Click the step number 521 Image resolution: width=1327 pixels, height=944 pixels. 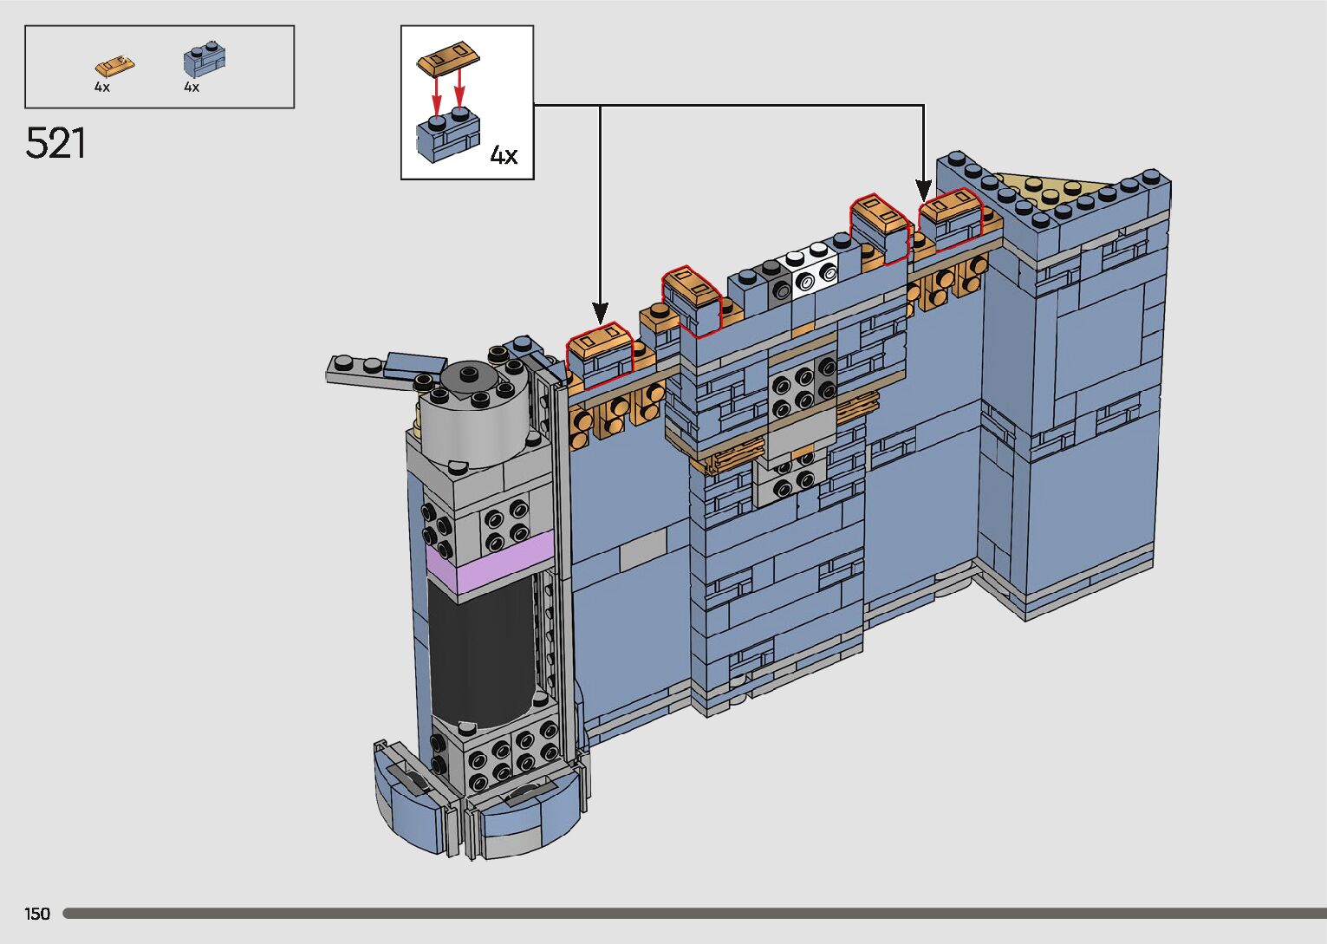click(x=55, y=143)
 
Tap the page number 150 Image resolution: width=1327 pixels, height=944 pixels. click(x=37, y=913)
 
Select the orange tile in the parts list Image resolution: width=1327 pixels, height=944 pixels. click(x=114, y=66)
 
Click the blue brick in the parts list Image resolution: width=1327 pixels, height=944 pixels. click(x=205, y=59)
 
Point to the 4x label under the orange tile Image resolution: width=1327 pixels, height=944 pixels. click(x=102, y=87)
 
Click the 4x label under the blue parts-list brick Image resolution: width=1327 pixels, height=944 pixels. click(x=192, y=87)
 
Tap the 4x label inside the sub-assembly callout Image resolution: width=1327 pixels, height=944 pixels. click(x=504, y=155)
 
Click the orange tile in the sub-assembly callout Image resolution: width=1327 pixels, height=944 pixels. click(x=448, y=59)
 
